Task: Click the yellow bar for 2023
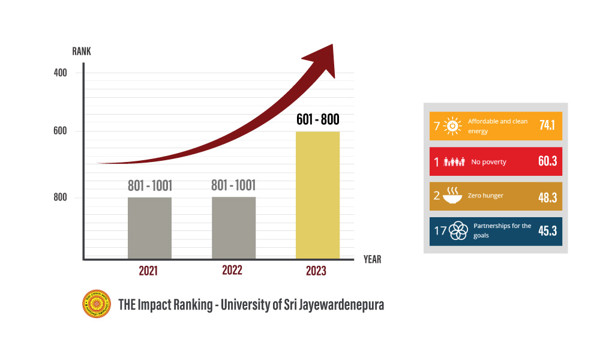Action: pos(317,195)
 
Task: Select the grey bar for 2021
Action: pos(149,228)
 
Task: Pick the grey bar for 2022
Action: pos(233,228)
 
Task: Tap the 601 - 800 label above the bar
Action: pos(317,119)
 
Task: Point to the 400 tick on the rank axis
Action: pos(60,73)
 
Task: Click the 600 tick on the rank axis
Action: pos(60,131)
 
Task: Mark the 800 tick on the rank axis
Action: pos(60,197)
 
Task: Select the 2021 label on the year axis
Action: pos(148,271)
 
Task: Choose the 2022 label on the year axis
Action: pos(232,270)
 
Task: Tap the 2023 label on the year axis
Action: pos(316,271)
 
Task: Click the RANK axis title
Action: pos(82,51)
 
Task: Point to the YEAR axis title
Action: pos(372,260)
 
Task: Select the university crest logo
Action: pos(97,304)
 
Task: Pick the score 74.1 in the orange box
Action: pos(546,126)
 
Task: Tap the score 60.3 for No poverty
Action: pos(546,161)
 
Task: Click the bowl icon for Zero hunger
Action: pos(452,196)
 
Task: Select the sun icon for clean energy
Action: pos(453,126)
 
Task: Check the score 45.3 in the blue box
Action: pos(546,231)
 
